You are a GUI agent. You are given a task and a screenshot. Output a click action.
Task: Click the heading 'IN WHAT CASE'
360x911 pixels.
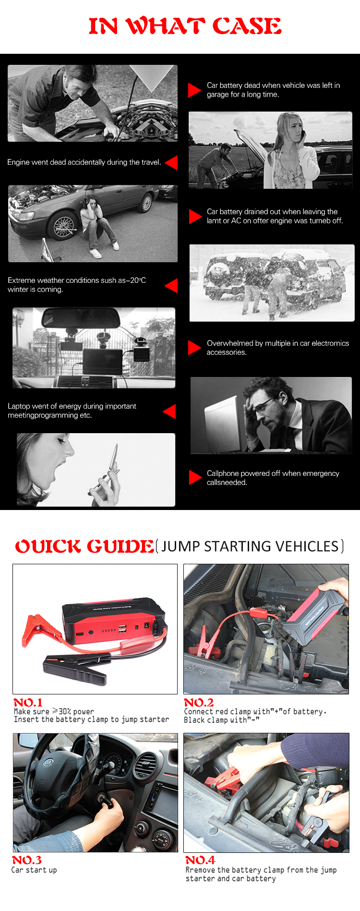pos(185,26)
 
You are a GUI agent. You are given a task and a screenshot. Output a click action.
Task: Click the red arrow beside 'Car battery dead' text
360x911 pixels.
pos(194,90)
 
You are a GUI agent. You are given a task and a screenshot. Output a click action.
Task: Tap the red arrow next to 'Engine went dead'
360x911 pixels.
pos(171,162)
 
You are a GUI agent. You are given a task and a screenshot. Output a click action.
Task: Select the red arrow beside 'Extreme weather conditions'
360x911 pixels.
pos(171,285)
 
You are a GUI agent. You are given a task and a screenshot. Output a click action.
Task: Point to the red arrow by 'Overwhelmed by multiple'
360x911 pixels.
pos(194,348)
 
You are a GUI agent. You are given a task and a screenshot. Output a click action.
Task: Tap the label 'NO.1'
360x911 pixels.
pos(28,702)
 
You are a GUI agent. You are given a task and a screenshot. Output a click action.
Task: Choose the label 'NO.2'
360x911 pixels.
pos(199,702)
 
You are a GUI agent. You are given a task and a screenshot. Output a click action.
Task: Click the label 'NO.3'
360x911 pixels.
pos(27,860)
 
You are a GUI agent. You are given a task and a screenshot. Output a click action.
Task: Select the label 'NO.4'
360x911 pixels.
pos(200,860)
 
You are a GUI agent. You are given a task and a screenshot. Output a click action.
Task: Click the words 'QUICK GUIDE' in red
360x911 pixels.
pos(84,546)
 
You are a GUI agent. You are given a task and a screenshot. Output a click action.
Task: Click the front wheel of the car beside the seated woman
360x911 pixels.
pos(63,225)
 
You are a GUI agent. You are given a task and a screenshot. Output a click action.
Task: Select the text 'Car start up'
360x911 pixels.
pos(34,870)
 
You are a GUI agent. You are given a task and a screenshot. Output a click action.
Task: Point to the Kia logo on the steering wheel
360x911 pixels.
pos(48,763)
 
